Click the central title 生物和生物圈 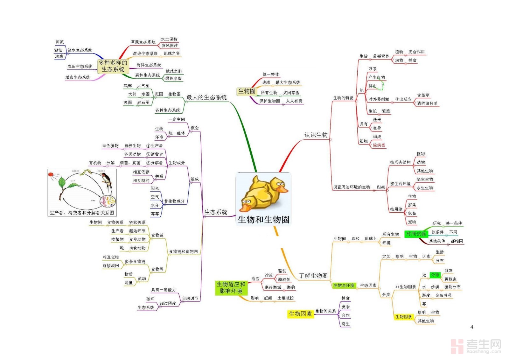click(x=263, y=220)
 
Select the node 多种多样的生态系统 click(x=113, y=66)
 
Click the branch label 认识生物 click(x=316, y=135)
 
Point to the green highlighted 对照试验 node click(x=416, y=234)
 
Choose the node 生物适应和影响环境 click(x=231, y=287)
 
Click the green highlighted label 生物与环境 click(x=344, y=286)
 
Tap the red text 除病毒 click(x=379, y=145)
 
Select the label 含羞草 click(x=423, y=95)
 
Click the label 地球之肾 click(x=172, y=53)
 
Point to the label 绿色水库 click(x=173, y=78)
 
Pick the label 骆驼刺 click(x=284, y=279)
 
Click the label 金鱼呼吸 click(x=443, y=295)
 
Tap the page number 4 click(x=471, y=327)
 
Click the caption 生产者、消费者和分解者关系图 click(x=82, y=213)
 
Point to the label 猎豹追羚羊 click(x=427, y=103)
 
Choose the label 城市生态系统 click(x=78, y=77)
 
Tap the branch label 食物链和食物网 click(x=183, y=251)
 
